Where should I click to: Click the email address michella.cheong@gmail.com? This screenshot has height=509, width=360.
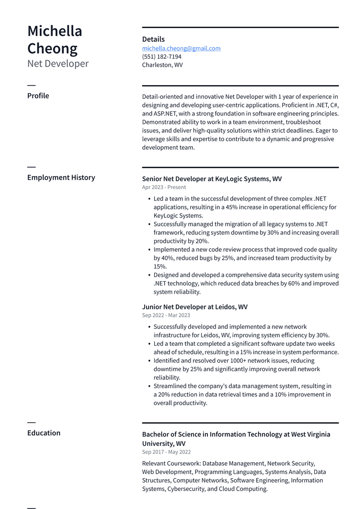(181, 48)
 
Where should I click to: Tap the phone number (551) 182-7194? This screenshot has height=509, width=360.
(162, 57)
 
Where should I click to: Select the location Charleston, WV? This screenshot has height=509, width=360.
(162, 65)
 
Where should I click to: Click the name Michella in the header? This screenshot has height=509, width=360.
(55, 31)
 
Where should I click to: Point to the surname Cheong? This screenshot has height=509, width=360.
(52, 49)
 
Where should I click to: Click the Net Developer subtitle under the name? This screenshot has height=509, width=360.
(58, 64)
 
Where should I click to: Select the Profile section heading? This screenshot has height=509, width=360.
(38, 96)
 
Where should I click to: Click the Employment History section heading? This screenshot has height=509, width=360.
(61, 177)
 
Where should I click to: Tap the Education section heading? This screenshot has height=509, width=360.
(44, 433)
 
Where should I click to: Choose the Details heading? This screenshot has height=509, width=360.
(153, 39)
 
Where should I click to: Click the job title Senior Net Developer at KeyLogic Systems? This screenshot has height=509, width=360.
(212, 179)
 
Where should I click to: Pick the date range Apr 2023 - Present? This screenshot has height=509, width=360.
(164, 188)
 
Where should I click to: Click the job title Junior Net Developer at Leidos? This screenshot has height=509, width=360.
(194, 307)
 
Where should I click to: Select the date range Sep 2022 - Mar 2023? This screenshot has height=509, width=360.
(166, 315)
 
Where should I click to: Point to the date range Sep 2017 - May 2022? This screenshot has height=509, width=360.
(166, 452)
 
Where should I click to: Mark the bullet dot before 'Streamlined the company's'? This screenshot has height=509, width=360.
(149, 386)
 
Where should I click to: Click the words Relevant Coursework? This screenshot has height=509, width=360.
(171, 463)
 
